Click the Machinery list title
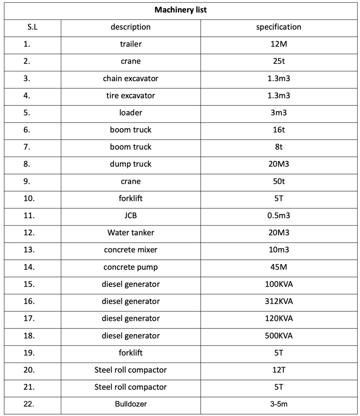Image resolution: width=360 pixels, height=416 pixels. [x=180, y=10]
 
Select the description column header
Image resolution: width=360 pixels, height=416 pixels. [x=130, y=27]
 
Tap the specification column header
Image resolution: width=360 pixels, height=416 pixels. [x=278, y=27]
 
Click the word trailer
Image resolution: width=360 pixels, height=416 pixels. [x=130, y=44]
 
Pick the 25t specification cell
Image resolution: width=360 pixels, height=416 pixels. [x=278, y=61]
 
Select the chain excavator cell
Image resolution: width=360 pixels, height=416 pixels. [x=130, y=78]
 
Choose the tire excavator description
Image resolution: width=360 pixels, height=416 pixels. [x=130, y=96]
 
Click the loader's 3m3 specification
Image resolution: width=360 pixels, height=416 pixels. [x=278, y=113]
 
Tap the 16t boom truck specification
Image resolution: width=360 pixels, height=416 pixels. [x=278, y=130]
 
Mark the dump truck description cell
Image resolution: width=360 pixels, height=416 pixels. [x=130, y=164]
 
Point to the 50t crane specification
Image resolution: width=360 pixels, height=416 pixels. [x=278, y=182]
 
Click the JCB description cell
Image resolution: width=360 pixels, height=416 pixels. [x=130, y=216]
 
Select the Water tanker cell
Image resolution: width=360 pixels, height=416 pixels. [x=130, y=233]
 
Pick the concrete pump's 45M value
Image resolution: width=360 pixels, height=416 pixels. [x=278, y=267]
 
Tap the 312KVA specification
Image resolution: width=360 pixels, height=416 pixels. [x=278, y=301]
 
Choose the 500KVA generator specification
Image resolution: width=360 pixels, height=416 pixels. [x=278, y=336]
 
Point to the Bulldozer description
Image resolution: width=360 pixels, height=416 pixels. [x=130, y=404]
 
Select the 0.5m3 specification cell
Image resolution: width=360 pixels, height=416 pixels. [x=278, y=216]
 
